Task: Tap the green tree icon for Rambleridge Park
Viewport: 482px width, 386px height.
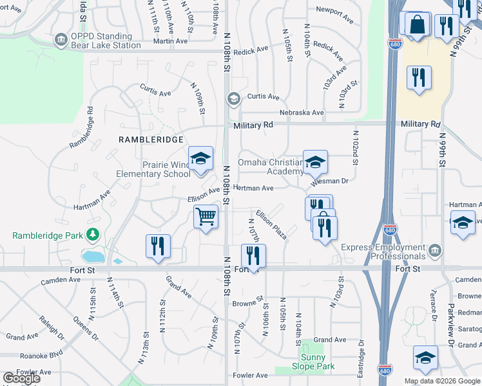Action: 94,235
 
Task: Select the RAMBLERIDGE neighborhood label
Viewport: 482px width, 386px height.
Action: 151,139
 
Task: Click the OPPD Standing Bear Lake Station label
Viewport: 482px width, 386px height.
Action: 106,41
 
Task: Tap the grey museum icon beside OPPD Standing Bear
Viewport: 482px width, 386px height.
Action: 61,40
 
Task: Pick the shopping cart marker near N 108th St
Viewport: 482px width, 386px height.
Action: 206,217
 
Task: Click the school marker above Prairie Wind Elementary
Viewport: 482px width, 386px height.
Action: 200,159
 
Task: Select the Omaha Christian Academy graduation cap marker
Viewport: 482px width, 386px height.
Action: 315,163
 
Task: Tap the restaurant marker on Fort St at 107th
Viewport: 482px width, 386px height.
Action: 253,256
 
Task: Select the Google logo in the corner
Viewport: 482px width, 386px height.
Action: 21,378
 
